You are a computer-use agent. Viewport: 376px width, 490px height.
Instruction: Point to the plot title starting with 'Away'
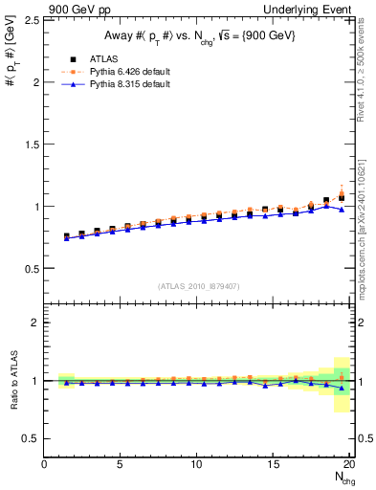click(x=198, y=36)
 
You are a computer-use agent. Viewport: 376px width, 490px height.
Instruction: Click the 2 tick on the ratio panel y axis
click(x=35, y=323)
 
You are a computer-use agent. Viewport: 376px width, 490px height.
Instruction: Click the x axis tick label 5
click(x=120, y=465)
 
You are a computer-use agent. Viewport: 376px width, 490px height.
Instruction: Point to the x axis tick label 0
click(x=44, y=465)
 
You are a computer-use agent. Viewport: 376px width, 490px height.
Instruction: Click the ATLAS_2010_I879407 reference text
click(x=198, y=285)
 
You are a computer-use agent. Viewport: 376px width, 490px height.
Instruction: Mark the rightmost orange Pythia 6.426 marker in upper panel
click(x=342, y=193)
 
